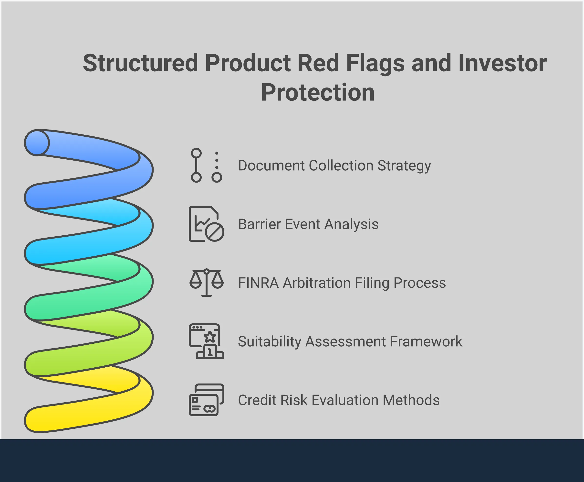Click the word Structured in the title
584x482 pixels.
[140, 63]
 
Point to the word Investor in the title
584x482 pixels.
[502, 63]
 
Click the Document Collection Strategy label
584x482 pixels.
[334, 165]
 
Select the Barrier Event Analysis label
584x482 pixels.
[308, 224]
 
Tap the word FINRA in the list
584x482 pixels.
[258, 283]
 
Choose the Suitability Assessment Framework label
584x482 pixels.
[350, 341]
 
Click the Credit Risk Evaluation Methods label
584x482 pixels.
[339, 400]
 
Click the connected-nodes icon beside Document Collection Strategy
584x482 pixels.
[206, 165]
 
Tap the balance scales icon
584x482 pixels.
[206, 283]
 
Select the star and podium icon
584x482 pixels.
[206, 341]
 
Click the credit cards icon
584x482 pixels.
[206, 400]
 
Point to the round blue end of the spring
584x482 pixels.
[37, 143]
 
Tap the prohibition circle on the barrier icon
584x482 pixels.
[215, 232]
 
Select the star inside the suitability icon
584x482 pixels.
[210, 337]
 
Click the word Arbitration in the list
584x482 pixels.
[317, 283]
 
